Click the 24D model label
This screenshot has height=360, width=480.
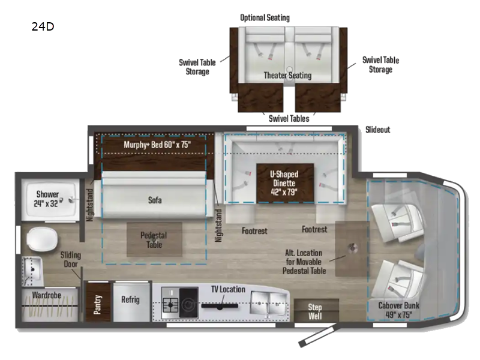pos(43,26)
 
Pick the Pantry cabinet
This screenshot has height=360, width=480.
pos(97,300)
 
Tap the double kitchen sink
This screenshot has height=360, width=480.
pos(269,298)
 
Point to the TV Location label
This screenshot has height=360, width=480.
pos(227,290)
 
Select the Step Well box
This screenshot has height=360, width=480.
pos(316,311)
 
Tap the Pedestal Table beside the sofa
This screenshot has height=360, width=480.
pos(154,240)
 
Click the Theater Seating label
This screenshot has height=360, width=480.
pos(287,76)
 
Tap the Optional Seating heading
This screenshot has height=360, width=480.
pos(265,17)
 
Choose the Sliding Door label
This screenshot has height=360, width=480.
pos(70,260)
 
